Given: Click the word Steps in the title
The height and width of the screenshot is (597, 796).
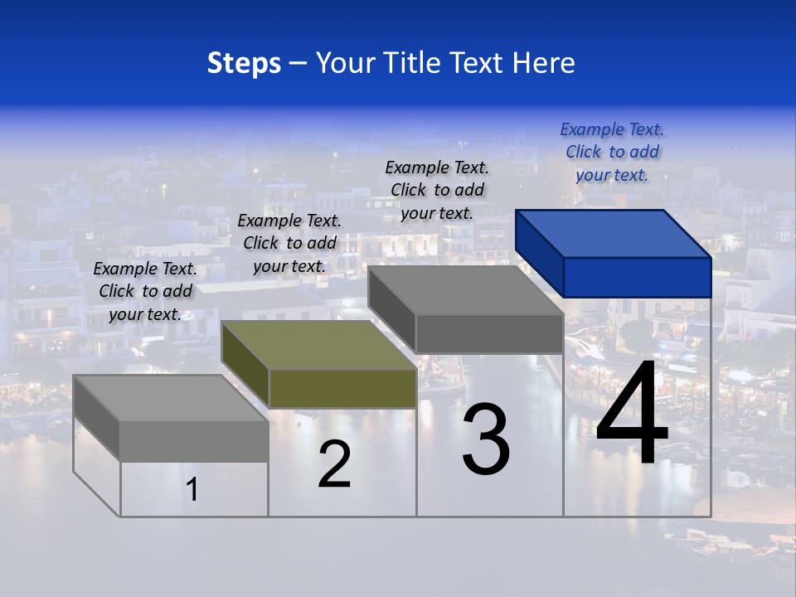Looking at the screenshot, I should [x=244, y=63].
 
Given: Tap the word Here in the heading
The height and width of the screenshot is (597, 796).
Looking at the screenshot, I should [x=543, y=63].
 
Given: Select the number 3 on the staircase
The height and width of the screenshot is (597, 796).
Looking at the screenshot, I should [x=486, y=439].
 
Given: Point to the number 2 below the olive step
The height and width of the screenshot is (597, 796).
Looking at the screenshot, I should [x=334, y=464].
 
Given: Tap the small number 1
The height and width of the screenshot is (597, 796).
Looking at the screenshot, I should [x=192, y=490].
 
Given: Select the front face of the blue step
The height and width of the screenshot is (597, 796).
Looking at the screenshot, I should [x=637, y=277].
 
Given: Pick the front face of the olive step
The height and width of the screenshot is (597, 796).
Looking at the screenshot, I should [x=342, y=388].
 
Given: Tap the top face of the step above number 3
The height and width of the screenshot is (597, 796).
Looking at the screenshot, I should [x=464, y=290].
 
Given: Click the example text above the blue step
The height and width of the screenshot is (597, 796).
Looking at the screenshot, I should [x=612, y=152].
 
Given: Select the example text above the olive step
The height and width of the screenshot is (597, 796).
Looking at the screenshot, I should [x=289, y=243].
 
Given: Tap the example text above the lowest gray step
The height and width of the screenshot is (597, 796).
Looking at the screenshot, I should [x=145, y=291].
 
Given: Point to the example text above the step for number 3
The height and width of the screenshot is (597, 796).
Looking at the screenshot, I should [x=437, y=190].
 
